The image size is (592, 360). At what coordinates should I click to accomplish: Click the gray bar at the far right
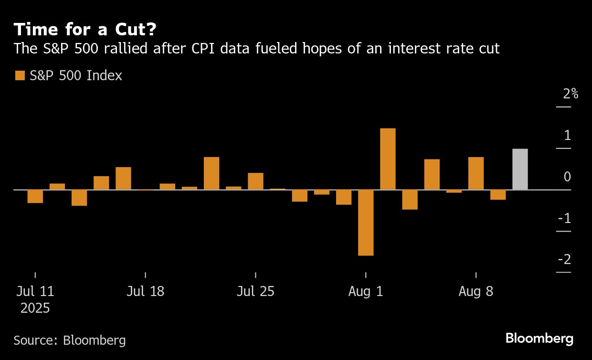click(x=520, y=169)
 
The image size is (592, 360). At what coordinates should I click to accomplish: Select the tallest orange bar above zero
click(x=388, y=159)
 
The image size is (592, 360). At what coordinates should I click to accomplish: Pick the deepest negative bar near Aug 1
click(x=366, y=222)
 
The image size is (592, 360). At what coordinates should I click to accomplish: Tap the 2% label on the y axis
click(x=570, y=94)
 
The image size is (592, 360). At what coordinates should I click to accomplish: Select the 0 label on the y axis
click(x=567, y=177)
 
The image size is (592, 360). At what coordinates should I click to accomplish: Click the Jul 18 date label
click(x=145, y=291)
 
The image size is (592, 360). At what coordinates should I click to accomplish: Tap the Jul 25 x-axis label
click(x=255, y=291)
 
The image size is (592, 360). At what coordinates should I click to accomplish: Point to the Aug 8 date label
click(x=476, y=291)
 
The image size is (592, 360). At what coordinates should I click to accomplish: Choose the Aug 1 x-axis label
click(x=366, y=291)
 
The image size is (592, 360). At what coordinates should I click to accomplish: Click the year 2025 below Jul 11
click(x=35, y=308)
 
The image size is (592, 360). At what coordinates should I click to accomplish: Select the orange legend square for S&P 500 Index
click(x=20, y=75)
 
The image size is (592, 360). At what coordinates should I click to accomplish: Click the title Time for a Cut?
click(x=85, y=30)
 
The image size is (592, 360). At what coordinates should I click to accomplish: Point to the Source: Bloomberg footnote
click(x=70, y=340)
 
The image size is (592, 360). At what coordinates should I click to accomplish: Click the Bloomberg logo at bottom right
click(x=539, y=339)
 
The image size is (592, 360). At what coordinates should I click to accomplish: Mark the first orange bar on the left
click(x=35, y=196)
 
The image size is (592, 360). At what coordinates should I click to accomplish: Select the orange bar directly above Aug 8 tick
click(x=476, y=173)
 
